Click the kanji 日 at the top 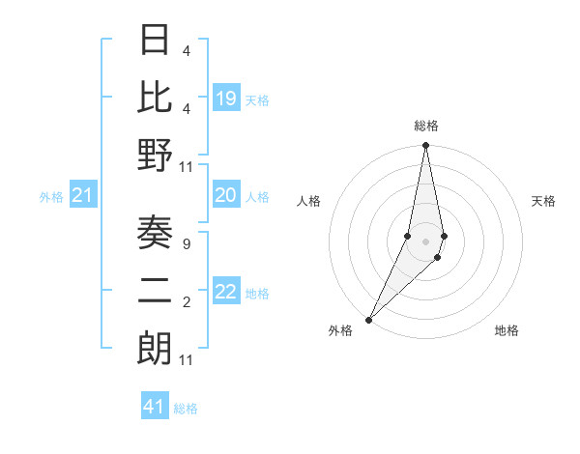(x=155, y=42)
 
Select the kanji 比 (x=155, y=98)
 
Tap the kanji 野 (x=155, y=155)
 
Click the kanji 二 (x=155, y=291)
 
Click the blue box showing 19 (x=226, y=99)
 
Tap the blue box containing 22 (x=226, y=292)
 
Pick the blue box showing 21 (x=83, y=196)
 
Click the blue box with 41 (x=155, y=407)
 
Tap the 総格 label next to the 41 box (x=186, y=409)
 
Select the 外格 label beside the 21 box (x=51, y=197)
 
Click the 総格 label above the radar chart (x=425, y=127)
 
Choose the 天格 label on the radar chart (x=543, y=201)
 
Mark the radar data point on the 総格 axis (x=425, y=146)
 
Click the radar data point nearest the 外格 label (x=369, y=319)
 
